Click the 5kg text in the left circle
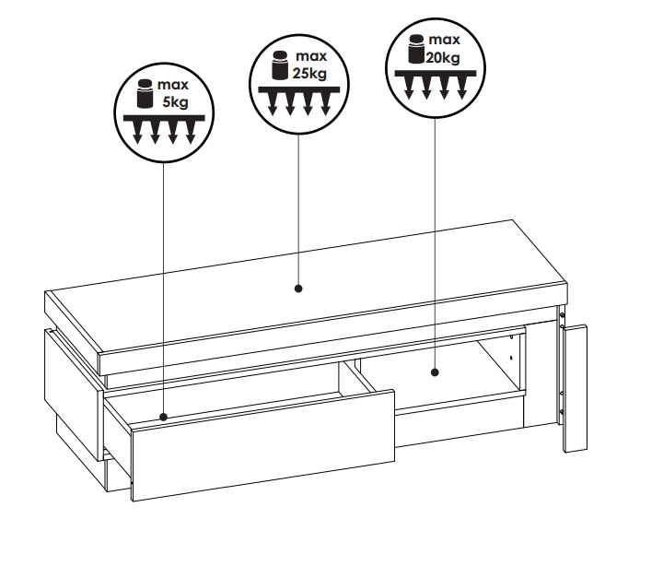tap(176, 102)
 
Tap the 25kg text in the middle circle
tap(310, 74)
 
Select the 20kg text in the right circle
tap(443, 57)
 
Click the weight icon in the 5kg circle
tap(145, 93)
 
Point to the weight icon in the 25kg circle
tap(280, 65)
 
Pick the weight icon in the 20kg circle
tap(416, 49)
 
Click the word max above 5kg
tap(173, 85)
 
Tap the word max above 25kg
tap(311, 56)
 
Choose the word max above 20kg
tap(445, 40)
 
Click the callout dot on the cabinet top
tap(298, 289)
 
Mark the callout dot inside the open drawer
tap(164, 417)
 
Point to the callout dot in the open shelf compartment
tap(435, 372)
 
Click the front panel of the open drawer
tap(263, 445)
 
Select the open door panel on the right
tap(576, 389)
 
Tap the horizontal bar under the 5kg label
tap(164, 118)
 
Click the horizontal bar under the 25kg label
tap(299, 89)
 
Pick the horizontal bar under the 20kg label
tap(435, 74)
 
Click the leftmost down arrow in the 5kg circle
tap(137, 133)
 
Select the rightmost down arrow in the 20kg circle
tap(461, 88)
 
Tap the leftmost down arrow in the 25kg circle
tap(273, 104)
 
